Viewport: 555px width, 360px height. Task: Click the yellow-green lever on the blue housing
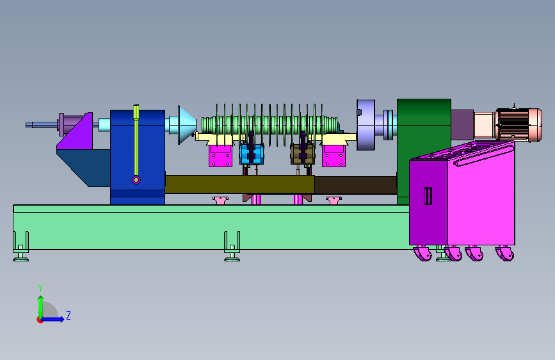[x=136, y=142]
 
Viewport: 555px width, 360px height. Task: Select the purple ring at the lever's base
[x=136, y=180]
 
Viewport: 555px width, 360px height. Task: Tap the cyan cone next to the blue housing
[x=186, y=125]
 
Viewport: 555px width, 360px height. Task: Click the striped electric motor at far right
[x=519, y=125]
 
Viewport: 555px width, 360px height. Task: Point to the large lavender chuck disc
[x=366, y=125]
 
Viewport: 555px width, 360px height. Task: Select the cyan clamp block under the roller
[x=252, y=154]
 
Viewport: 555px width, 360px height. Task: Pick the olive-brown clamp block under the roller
[x=303, y=154]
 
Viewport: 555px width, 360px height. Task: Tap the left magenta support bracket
[x=220, y=156]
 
